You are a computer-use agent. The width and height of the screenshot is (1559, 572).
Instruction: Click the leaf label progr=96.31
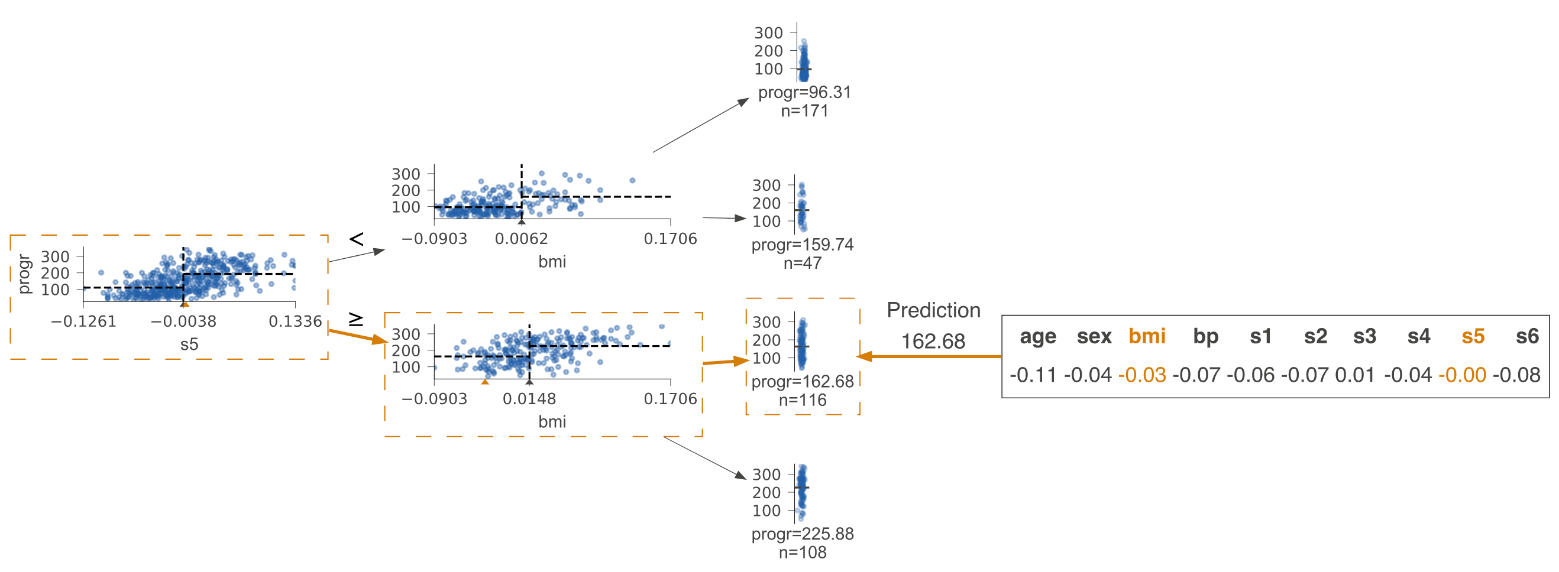coord(804,93)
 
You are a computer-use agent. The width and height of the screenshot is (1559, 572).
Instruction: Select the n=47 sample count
coord(803,264)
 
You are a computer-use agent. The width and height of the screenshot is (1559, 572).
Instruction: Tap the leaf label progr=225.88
coord(803,535)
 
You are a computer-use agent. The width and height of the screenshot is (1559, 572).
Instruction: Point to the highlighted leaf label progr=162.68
coord(803,382)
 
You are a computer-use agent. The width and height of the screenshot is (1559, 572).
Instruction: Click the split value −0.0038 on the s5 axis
coord(183,321)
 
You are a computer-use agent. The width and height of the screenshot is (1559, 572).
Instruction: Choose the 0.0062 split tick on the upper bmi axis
coord(521,239)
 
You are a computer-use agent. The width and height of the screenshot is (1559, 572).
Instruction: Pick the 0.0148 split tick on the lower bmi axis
coord(529,399)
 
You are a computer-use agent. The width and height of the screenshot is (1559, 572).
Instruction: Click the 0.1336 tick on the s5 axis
coord(295,321)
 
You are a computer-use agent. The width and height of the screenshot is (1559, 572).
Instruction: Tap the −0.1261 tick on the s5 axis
coord(83,321)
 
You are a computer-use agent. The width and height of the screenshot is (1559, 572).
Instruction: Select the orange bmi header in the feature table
coord(1147,336)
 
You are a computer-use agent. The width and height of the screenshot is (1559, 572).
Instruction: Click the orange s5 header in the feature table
coord(1473,336)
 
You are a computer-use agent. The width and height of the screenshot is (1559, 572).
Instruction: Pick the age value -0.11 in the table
coord(1033,375)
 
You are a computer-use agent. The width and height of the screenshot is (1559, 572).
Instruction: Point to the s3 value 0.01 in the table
coord(1354,375)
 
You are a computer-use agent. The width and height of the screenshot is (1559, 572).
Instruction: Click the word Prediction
coord(933,310)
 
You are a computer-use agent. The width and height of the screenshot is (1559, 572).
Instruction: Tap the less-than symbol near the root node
coord(357,239)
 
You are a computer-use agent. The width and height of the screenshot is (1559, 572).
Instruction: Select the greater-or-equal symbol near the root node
coord(356,318)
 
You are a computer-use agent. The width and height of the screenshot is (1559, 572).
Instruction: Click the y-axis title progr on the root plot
coord(24,274)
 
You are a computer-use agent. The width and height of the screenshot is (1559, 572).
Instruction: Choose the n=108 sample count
coord(803,552)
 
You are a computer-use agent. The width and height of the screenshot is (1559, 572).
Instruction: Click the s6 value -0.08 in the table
coord(1516,375)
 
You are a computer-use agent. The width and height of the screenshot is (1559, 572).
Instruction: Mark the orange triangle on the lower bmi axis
coord(485,382)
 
